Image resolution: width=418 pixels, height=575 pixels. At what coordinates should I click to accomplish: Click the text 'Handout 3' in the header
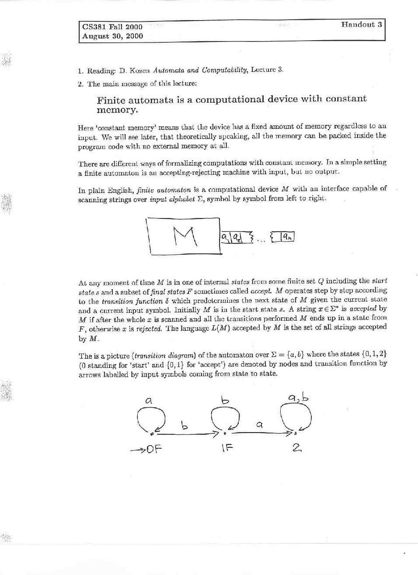pos(362,24)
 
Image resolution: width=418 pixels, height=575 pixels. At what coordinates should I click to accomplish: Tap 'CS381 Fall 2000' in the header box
pos(112,27)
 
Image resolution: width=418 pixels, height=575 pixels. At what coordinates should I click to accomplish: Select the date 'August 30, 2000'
pos(112,36)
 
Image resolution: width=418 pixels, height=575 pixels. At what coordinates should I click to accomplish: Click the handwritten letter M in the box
pos(184,237)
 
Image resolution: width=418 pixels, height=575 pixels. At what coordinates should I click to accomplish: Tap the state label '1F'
pos(226,448)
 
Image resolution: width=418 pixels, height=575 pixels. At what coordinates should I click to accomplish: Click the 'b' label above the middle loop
pos(225,400)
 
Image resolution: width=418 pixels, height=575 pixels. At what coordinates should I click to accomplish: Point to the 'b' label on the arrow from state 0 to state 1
pos(185,425)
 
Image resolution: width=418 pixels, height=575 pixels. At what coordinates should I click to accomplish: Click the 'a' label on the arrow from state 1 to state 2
pos(259,424)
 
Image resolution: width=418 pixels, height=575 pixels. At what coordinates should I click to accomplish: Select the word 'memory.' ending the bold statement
pos(117,110)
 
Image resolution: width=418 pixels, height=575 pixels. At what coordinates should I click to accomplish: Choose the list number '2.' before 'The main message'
pos(80,84)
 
